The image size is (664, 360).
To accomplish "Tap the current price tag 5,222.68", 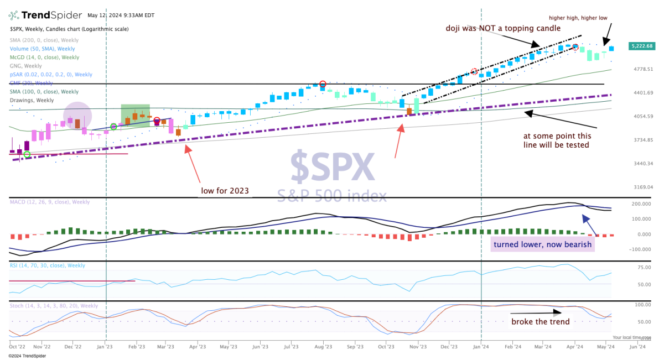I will pyautogui.click(x=641, y=46).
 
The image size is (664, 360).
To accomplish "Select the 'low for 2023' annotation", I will pyautogui.click(x=225, y=191).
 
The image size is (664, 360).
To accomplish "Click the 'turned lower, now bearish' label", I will pyautogui.click(x=542, y=244).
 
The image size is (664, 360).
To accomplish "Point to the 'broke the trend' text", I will pyautogui.click(x=540, y=322).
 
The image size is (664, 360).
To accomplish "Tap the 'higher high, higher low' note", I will pyautogui.click(x=578, y=18).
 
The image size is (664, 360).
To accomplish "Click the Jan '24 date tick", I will pyautogui.click(x=480, y=347).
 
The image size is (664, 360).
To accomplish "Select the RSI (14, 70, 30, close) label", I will pyautogui.click(x=47, y=265).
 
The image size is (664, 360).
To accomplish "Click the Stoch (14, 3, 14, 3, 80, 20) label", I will pyautogui.click(x=54, y=305).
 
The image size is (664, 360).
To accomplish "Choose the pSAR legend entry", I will pyautogui.click(x=51, y=74).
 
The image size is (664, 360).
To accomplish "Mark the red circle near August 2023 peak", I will pyautogui.click(x=323, y=84).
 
